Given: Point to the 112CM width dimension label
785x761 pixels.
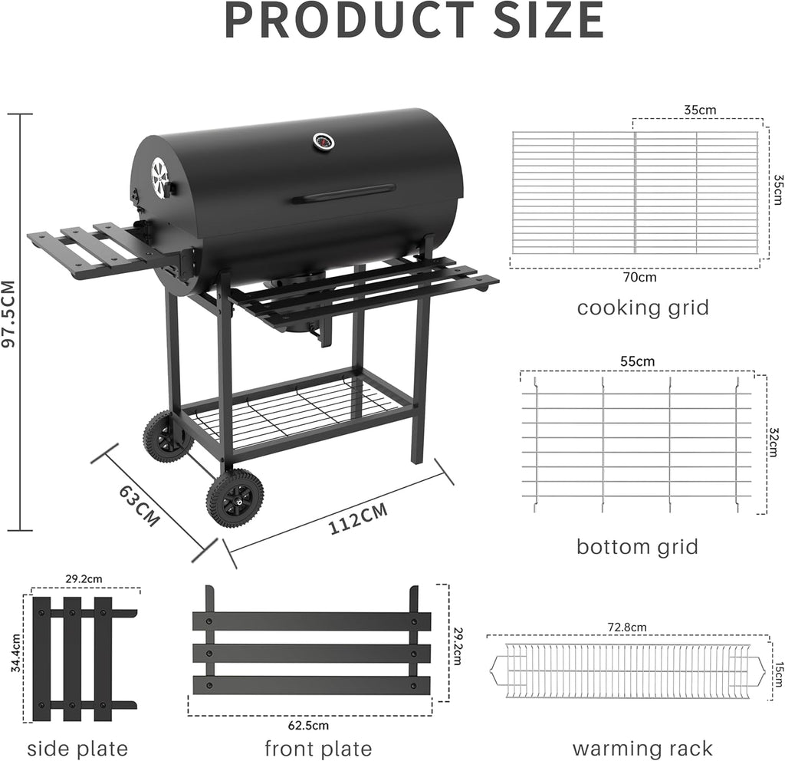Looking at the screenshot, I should pos(358,519).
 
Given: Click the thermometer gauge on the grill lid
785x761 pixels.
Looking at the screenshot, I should pos(322,142).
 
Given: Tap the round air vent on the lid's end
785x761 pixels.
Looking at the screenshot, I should pos(159,178).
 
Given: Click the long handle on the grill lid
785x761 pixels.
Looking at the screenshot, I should pos(344,193).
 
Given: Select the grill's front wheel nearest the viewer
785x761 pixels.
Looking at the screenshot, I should pos(235,498).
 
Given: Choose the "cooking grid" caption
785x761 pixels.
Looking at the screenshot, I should pos(642,308).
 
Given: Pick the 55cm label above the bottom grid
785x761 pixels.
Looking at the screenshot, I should pos(639,361).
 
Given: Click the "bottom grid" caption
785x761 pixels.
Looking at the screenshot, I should pos(637,547).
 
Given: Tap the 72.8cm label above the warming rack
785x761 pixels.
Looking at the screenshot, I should pos(627,627).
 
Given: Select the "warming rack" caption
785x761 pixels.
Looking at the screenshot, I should pos(642,749).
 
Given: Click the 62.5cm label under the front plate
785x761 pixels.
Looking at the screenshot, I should pos(309,725).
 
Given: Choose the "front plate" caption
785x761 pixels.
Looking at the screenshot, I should pos(318,749).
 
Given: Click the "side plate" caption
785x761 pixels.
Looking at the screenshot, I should pos(77,749).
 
